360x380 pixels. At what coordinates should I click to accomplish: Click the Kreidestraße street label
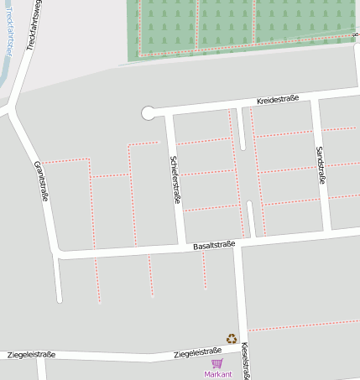point(279,100)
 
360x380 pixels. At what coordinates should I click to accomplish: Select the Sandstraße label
point(320,165)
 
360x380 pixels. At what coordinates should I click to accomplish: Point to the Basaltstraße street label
point(214,246)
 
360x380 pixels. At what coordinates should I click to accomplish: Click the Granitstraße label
point(40,181)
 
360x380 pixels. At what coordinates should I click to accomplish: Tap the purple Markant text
point(217,374)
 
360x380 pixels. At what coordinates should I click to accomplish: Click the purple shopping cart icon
point(217,363)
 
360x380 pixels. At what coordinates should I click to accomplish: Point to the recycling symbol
point(231,339)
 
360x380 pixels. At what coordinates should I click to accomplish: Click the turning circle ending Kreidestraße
point(149,112)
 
